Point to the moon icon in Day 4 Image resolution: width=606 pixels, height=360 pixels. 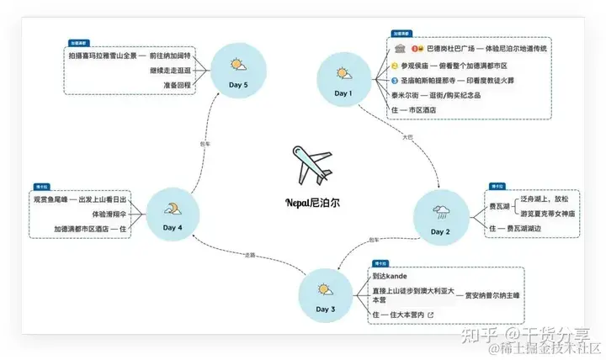[173, 209]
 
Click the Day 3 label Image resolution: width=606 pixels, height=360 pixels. [326, 310]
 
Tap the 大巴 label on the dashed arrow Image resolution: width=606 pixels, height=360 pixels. [409, 136]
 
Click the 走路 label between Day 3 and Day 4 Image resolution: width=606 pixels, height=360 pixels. [249, 255]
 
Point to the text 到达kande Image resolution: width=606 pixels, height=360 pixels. [390, 276]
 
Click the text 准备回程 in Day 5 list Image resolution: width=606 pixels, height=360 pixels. [178, 85]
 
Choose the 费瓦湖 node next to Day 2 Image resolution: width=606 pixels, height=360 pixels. [499, 204]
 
